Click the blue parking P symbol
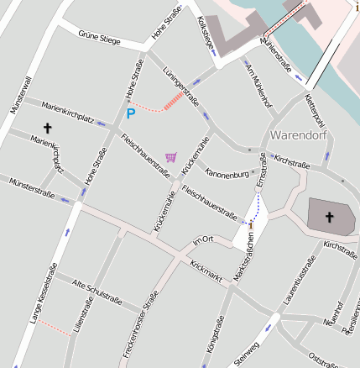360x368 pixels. point(130,113)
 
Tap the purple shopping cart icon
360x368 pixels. point(171,156)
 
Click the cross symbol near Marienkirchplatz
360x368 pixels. point(47,129)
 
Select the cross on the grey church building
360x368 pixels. point(329,218)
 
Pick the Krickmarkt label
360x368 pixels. point(206,269)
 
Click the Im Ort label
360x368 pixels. point(204,241)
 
